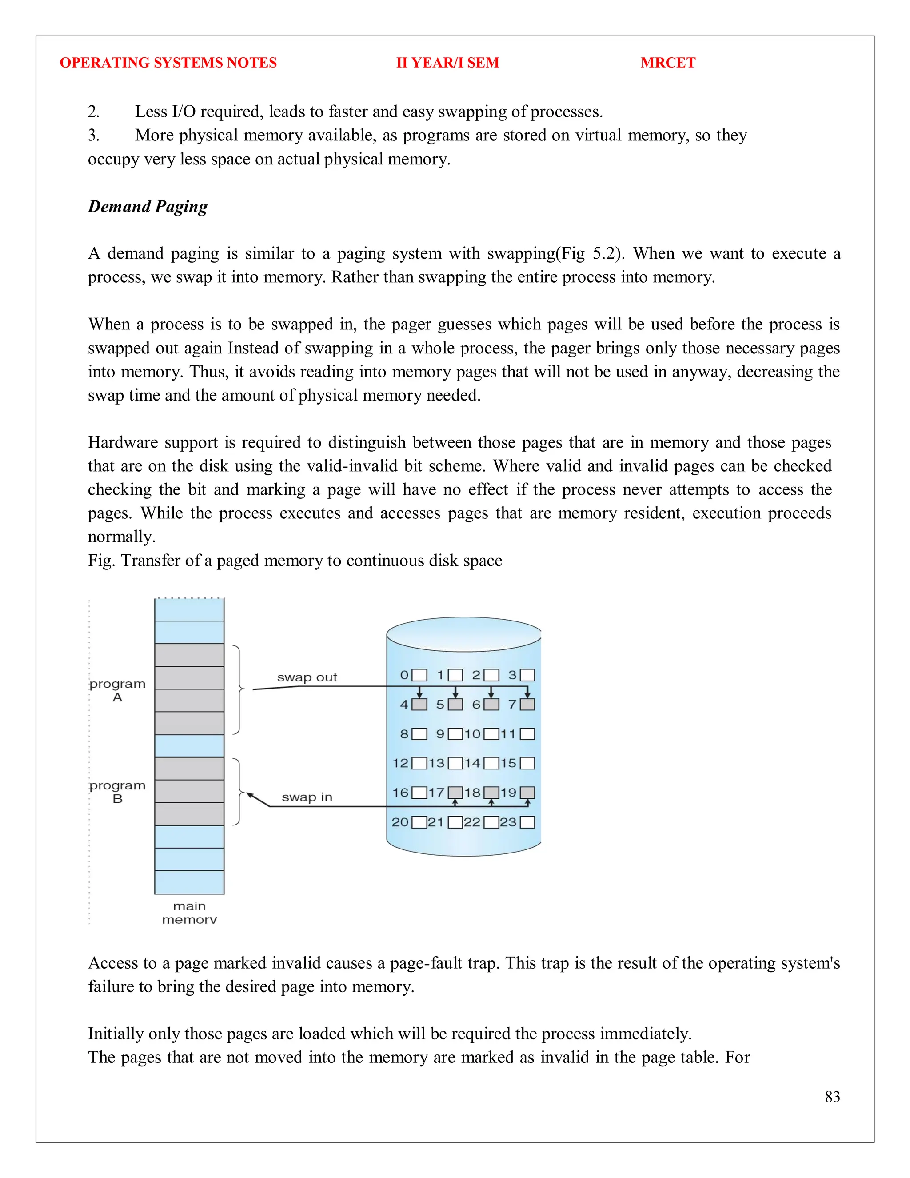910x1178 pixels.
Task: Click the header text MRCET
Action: point(667,63)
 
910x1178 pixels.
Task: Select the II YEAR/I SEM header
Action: point(447,63)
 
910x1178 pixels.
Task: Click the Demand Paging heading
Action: point(148,207)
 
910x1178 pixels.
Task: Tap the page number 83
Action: point(832,1097)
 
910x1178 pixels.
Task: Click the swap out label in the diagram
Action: point(307,677)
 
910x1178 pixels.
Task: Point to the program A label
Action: point(117,690)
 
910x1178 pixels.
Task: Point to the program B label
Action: point(117,792)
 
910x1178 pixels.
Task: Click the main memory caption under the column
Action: point(189,913)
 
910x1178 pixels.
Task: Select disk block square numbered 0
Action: point(419,675)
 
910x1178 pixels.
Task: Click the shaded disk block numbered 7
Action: point(527,705)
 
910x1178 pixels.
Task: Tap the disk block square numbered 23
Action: point(527,822)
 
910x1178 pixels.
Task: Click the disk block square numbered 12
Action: point(419,763)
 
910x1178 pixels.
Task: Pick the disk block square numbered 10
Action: point(491,734)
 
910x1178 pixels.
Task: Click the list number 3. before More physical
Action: point(94,136)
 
